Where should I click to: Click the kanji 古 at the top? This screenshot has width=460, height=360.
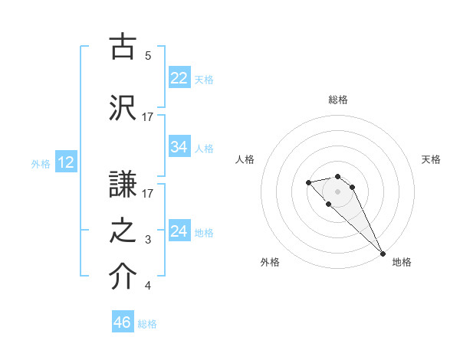123,47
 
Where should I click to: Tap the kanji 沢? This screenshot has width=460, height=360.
123,107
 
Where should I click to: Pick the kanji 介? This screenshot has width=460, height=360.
123,277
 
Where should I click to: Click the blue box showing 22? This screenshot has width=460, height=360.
179,78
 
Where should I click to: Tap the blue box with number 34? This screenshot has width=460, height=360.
179,147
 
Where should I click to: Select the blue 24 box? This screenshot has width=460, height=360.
179,231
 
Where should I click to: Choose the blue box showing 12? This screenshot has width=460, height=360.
65,162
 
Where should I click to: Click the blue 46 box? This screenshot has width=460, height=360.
123,322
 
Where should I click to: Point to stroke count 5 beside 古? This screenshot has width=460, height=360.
148,56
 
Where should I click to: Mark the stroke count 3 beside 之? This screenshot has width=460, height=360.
148,240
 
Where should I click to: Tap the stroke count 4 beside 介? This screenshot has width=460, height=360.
148,286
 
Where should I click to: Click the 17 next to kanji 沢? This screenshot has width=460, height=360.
148,117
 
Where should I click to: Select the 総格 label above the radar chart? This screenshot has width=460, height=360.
338,100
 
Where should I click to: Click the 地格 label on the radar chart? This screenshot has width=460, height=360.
402,262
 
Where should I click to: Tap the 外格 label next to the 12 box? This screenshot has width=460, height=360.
41,163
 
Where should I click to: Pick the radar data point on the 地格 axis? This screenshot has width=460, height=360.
383,254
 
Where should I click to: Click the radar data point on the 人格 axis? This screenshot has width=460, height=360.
308,182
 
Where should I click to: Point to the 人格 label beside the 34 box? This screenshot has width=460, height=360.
204,148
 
